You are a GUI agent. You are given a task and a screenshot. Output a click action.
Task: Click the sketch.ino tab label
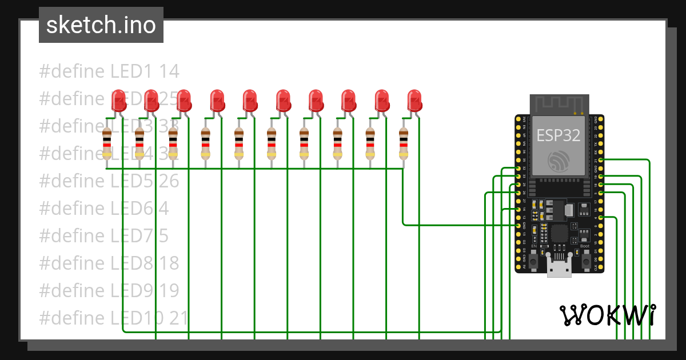101,25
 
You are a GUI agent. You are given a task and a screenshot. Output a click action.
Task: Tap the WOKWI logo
607,315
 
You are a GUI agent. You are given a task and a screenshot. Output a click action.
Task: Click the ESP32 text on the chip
558,135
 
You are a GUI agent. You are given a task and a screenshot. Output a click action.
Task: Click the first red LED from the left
118,101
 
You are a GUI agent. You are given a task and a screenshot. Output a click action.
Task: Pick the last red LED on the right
414,101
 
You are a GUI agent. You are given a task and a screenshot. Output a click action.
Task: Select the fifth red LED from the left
250,101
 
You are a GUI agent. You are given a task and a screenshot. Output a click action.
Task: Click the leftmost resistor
107,143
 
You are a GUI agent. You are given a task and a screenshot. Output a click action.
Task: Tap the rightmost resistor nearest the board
404,143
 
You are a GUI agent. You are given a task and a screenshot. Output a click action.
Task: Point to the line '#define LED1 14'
109,71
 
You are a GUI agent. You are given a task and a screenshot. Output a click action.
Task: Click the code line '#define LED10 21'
114,318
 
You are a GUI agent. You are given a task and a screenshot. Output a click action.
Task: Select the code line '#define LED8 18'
109,263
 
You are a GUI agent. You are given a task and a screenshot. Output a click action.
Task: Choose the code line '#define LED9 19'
109,290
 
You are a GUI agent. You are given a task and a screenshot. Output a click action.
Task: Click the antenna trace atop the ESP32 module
559,105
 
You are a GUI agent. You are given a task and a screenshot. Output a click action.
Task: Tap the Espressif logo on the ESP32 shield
558,161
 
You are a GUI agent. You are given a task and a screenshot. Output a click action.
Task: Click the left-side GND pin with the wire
519,226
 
